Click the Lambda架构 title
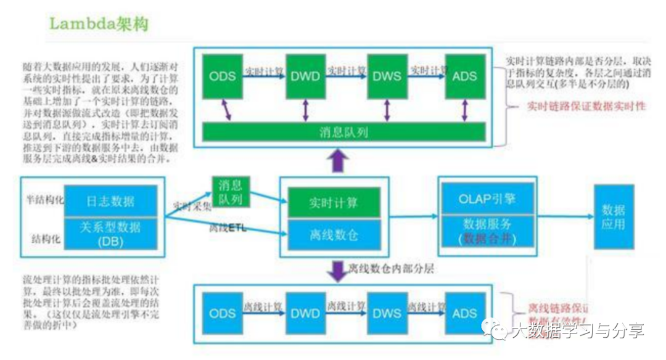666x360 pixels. tap(99, 25)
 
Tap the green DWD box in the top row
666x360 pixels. tap(305, 76)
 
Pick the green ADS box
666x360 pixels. tap(464, 76)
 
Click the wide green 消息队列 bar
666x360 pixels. tap(344, 131)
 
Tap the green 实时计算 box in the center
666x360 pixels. tap(333, 203)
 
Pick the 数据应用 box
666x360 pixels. tap(613, 216)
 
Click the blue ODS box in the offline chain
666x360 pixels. tap(223, 313)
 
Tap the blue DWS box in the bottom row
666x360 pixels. tap(386, 313)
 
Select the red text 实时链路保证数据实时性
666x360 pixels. tap(586, 106)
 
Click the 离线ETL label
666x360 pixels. tap(228, 227)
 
